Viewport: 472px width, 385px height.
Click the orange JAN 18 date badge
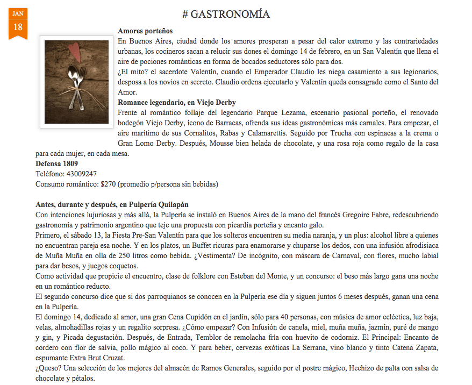point(18,22)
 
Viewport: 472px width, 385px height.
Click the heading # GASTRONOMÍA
point(226,14)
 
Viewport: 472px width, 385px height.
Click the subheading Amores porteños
point(145,31)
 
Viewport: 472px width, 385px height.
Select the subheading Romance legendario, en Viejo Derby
point(177,102)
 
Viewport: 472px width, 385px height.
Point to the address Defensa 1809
point(56,163)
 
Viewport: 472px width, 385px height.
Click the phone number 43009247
point(82,174)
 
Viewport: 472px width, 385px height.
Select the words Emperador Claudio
point(313,72)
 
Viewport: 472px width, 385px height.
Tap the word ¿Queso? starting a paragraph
point(49,368)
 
